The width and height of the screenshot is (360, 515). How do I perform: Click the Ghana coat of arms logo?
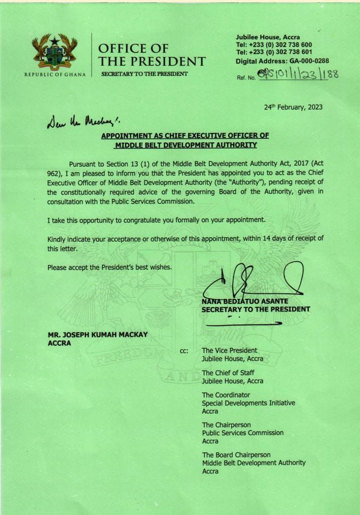[54, 51]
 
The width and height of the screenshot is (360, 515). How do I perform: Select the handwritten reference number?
[298, 76]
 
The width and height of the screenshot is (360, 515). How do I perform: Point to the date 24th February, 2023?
[293, 107]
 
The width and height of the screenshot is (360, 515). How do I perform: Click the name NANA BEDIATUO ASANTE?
[244, 302]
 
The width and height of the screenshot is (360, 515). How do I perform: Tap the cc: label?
[184, 350]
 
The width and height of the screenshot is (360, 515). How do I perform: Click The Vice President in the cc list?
[229, 350]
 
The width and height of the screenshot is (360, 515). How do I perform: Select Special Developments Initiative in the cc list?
[248, 403]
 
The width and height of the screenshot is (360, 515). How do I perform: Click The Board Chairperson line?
[236, 455]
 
